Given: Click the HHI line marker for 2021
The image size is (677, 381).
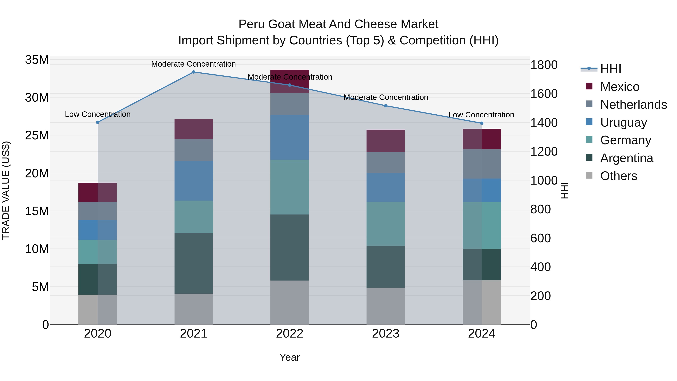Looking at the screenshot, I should click(x=194, y=72).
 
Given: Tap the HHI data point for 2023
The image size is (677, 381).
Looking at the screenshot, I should click(x=386, y=106).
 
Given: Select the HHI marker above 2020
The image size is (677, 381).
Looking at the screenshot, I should click(x=97, y=122).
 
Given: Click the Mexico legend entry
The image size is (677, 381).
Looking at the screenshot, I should click(x=619, y=87).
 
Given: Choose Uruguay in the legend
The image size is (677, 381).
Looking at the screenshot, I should click(x=623, y=122).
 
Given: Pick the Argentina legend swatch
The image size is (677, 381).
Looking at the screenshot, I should click(x=589, y=158).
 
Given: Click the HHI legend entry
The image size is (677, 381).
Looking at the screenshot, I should click(x=610, y=69).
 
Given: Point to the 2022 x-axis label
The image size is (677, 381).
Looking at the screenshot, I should click(x=290, y=334).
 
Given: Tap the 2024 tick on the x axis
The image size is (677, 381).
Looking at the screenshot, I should click(x=481, y=334).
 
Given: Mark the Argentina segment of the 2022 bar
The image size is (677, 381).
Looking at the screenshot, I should click(x=290, y=247).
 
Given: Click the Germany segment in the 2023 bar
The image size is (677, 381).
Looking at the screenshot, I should click(x=386, y=224).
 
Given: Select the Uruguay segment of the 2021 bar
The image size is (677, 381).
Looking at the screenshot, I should click(x=194, y=180).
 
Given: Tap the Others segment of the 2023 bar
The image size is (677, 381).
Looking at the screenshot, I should click(x=386, y=306).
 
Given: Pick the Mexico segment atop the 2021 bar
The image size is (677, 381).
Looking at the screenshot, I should click(x=194, y=129).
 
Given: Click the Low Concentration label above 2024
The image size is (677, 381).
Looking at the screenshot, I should click(x=481, y=115).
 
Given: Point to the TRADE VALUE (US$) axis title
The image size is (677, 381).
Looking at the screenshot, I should click(x=6, y=190).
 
